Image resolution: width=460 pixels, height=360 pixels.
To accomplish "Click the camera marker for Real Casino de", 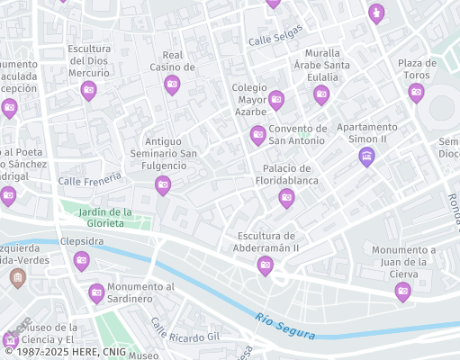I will click(x=172, y=85).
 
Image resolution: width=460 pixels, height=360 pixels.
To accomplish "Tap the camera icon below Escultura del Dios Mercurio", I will click(x=88, y=89).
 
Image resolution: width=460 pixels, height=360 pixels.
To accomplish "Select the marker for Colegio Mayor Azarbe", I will click(x=276, y=99).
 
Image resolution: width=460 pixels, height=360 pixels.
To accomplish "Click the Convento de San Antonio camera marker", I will click(x=257, y=135).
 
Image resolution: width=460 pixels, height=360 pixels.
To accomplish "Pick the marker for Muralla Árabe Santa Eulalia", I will click(x=321, y=94).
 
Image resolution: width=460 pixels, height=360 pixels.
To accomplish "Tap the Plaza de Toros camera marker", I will click(x=416, y=92).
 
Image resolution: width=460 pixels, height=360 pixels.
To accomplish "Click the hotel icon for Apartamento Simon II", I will click(x=366, y=157).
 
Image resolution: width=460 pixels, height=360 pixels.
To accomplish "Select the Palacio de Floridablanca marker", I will click(x=286, y=198).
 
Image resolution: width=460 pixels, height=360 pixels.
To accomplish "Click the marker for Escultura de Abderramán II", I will click(x=265, y=265).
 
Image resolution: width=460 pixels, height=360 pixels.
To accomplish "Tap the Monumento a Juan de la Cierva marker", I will click(x=402, y=290).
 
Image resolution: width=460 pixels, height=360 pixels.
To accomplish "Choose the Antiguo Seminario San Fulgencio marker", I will click(x=163, y=185).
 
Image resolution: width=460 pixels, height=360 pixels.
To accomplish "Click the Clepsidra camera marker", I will click(x=81, y=260).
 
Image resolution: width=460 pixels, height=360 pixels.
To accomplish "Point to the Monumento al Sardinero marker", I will click(x=96, y=292).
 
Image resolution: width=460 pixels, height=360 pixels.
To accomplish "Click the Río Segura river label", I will click(x=284, y=325).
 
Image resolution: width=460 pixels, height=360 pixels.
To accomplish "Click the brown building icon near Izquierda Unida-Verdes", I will click(x=16, y=278).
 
